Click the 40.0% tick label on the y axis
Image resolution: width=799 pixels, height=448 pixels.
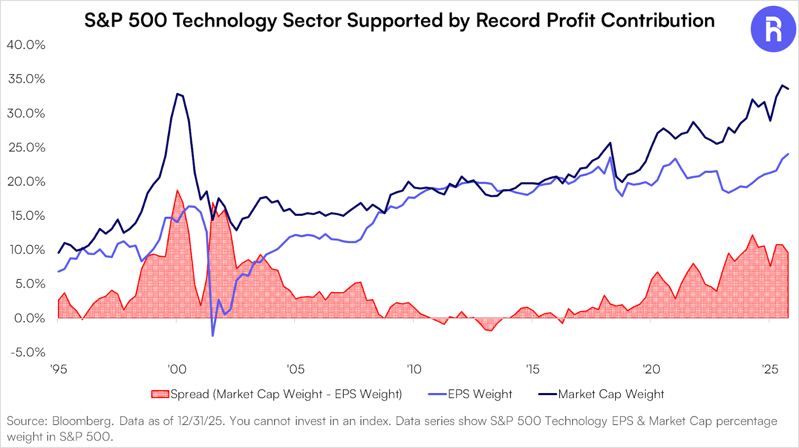tap(26, 45)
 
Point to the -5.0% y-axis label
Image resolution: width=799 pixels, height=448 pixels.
tap(28, 352)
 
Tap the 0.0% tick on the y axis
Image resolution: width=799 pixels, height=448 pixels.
tap(29, 318)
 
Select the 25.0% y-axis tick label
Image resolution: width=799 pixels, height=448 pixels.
tap(26, 147)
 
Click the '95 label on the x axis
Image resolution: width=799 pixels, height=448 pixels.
tap(58, 370)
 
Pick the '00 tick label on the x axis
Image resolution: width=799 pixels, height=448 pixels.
tap(177, 370)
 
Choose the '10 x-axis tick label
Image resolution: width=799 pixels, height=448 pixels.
tap(414, 370)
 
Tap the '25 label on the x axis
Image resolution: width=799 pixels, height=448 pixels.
tap(770, 370)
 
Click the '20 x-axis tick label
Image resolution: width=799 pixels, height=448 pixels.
tap(651, 370)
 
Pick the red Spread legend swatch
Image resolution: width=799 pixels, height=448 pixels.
tap(160, 394)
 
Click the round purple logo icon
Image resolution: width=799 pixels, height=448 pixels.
tap(773, 29)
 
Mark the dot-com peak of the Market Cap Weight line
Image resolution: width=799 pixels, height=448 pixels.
tap(177, 94)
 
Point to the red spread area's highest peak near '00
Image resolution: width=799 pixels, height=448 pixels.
tap(177, 190)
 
